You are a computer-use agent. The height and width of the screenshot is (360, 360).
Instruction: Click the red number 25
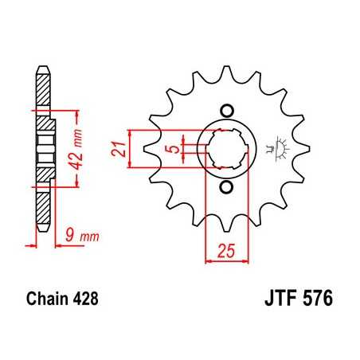226,252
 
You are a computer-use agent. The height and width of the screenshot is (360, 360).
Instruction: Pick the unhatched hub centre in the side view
45,148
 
